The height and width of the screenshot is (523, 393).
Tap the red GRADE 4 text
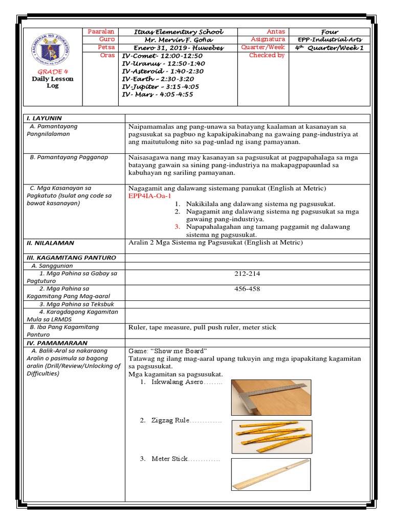click(x=53, y=71)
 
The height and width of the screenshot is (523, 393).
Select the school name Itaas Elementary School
click(x=178, y=32)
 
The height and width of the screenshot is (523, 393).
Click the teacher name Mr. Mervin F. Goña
click(x=178, y=40)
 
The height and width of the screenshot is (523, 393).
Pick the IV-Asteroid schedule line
click(x=163, y=71)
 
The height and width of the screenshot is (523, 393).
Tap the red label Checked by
click(x=267, y=55)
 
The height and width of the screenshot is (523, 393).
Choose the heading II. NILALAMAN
click(x=50, y=243)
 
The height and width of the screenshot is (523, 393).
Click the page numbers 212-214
click(x=247, y=274)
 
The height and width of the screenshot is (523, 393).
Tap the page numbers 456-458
click(x=247, y=289)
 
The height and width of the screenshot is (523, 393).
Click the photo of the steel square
click(x=271, y=397)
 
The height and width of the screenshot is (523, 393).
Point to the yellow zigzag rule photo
click(x=271, y=437)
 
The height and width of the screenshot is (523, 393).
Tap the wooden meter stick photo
click(x=270, y=474)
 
